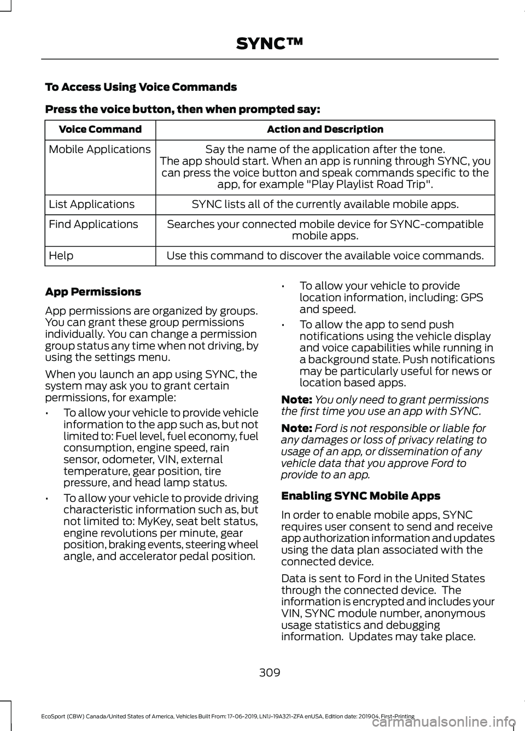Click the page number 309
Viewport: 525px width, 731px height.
pos(270,672)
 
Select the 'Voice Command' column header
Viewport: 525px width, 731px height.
pos(100,130)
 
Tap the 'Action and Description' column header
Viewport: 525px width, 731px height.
pos(325,130)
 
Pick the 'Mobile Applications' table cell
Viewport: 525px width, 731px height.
pos(100,149)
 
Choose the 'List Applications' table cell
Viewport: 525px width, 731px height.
pos(91,204)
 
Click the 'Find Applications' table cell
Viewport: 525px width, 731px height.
pos(94,224)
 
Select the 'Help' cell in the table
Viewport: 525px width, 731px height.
pos(61,255)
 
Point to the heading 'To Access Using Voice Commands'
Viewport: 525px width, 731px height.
pos(141,87)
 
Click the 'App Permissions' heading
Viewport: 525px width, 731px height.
pos(92,291)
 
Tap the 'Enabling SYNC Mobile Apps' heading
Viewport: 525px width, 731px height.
pos(360,496)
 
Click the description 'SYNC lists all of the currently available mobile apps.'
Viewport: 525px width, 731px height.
pos(325,204)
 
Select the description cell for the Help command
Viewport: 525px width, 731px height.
pos(325,255)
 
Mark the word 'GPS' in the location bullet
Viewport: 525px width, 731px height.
pos(472,297)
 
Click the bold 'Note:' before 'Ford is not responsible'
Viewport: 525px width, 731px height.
pos(296,428)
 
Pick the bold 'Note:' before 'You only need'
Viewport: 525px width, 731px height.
pos(296,400)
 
